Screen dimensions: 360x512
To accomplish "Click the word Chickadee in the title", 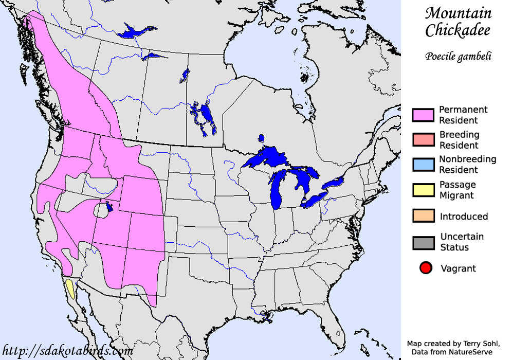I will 458,30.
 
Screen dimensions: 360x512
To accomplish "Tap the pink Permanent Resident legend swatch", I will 424,115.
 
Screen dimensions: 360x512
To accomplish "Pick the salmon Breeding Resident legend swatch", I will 424,140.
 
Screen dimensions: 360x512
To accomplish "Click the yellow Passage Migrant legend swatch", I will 424,190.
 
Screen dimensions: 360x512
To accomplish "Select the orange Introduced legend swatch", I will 424,216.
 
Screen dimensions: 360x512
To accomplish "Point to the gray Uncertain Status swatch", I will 424,242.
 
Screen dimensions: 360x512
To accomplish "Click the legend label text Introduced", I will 464,217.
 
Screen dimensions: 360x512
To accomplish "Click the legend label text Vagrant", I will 458,268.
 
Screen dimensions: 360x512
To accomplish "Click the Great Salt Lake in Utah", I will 109,208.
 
